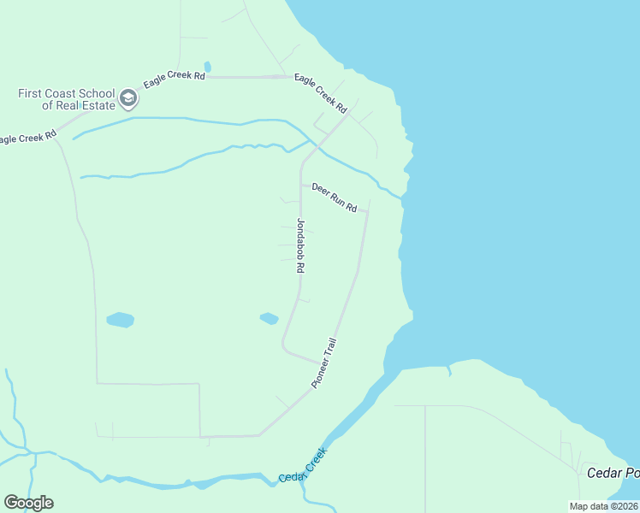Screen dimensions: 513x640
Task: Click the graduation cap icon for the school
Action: coord(128,98)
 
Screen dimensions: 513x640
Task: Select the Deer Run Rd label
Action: coord(334,197)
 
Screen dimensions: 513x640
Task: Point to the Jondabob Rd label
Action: coord(300,245)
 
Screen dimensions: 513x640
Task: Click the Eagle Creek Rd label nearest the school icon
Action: coord(175,79)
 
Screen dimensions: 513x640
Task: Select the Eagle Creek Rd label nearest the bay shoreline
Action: coord(320,93)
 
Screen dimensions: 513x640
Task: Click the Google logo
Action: coord(28,503)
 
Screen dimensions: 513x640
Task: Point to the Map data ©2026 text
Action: coord(604,506)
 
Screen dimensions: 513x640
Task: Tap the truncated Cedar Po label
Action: coord(613,473)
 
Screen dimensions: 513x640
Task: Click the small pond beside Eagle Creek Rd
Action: coord(207,67)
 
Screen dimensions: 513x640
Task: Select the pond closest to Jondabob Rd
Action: coord(269,318)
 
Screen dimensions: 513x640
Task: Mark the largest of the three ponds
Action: coord(120,320)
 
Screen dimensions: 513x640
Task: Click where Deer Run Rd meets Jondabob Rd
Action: coord(300,184)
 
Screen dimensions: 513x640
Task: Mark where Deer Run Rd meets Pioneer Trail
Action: coord(368,210)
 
